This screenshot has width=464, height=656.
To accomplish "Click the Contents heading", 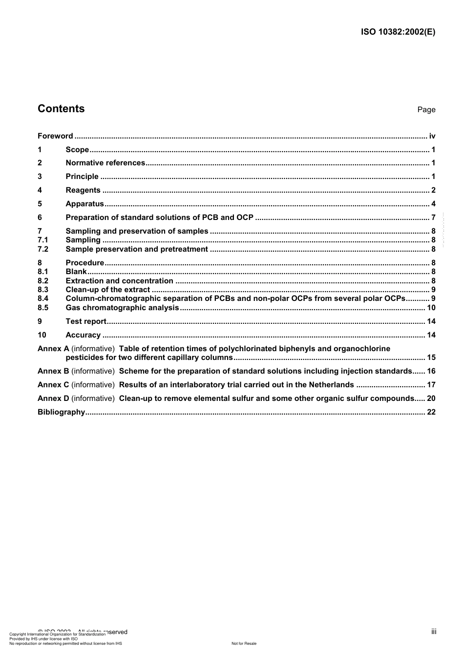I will click(x=61, y=109).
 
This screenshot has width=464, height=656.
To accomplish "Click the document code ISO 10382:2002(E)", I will click(x=398, y=32).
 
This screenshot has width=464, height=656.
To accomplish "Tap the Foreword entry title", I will click(x=55, y=136).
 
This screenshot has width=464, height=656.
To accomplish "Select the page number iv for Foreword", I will click(x=432, y=136).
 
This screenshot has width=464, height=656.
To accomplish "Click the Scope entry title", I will click(x=77, y=150).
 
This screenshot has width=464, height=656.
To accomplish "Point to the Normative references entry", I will click(x=105, y=163).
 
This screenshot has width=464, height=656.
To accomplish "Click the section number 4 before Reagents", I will click(x=40, y=190).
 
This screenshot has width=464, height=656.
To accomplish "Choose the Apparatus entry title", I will click(x=84, y=204).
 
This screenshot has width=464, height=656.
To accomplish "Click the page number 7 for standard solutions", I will click(x=433, y=218).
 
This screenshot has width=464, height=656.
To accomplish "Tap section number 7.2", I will click(x=43, y=249).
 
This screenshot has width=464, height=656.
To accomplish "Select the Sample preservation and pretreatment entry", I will click(x=137, y=249).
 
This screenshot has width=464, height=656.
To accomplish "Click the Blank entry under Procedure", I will click(x=76, y=272).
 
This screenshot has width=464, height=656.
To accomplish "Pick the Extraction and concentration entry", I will click(x=119, y=281).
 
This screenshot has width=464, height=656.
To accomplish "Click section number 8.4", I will click(x=43, y=298).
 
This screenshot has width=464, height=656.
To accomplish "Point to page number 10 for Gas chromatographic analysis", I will click(x=431, y=308).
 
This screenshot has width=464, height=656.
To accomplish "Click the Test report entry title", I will click(x=86, y=321).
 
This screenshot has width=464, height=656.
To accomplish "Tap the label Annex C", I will click(x=53, y=385).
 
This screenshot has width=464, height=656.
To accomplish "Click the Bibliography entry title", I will click(x=61, y=412).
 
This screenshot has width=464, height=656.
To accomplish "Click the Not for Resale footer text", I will click(x=244, y=643).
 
